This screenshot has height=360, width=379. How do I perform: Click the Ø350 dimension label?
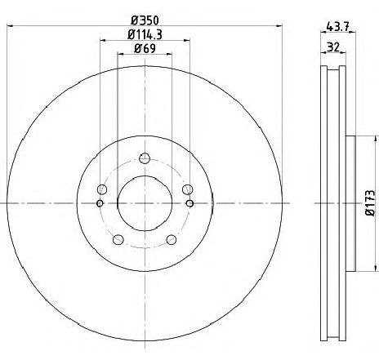[x=145, y=20]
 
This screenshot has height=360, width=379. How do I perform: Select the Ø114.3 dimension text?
[x=145, y=34]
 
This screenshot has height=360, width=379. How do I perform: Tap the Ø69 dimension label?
[x=145, y=49]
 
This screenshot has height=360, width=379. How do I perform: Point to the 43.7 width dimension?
[x=337, y=26]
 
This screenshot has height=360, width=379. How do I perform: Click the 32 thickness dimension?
[x=333, y=47]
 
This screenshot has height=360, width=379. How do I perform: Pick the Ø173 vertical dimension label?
[x=371, y=203]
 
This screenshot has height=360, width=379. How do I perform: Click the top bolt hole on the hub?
[x=145, y=158]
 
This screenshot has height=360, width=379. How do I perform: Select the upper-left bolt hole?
[x=102, y=189]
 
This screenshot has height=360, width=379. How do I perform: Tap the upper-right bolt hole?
[x=187, y=189]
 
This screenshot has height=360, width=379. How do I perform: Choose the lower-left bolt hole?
[x=118, y=240]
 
